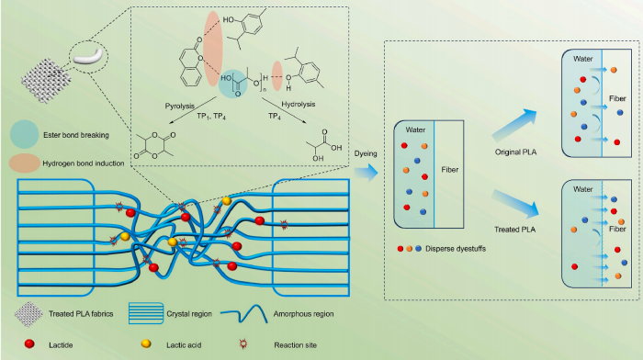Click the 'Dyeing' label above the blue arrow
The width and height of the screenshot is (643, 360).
[x=366, y=153]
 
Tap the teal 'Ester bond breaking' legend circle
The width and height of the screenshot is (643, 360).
[x=25, y=134]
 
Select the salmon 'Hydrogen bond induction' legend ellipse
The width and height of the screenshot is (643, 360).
[x=25, y=163]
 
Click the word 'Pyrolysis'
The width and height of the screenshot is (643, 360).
[x=180, y=107]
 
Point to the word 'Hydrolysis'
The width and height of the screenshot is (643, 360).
[x=299, y=104]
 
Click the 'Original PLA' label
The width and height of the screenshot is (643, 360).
[x=515, y=152]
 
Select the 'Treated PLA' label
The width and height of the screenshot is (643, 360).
[x=514, y=230]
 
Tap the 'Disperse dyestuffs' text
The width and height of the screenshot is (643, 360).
[x=456, y=249]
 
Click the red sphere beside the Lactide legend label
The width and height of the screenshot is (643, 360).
[x=29, y=343]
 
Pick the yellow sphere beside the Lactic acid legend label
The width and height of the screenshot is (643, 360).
[x=146, y=343]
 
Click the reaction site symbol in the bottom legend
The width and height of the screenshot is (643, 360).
[x=243, y=343]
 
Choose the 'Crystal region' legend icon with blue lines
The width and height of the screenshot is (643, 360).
[x=146, y=313]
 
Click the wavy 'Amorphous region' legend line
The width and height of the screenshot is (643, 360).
[x=244, y=314]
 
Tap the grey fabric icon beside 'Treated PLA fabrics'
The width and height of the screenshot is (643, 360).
[x=28, y=314]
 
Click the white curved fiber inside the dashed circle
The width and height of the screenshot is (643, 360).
[x=88, y=57]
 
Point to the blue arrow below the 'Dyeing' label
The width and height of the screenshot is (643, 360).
[x=366, y=173]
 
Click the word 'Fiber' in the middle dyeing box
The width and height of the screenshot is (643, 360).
[x=449, y=170]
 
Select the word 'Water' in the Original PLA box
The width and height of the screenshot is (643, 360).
[x=582, y=59]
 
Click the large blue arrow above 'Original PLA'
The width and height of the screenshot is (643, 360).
[x=515, y=125]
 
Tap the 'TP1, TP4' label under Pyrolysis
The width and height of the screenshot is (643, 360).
[x=211, y=117]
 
